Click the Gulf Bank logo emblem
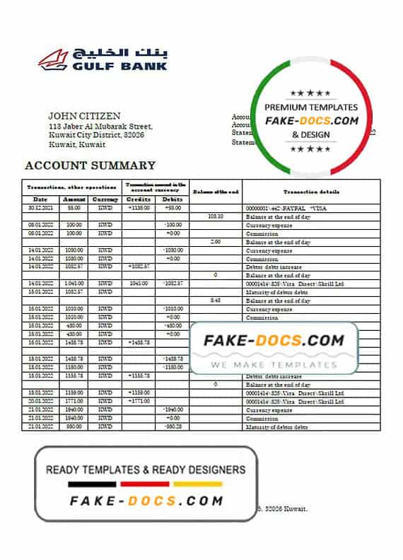(x=54, y=59)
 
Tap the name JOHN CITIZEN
(x=84, y=116)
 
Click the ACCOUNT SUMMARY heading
(x=90, y=165)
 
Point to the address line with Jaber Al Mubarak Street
(x=100, y=127)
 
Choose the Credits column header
(x=139, y=200)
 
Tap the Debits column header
(x=173, y=200)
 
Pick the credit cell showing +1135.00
(x=139, y=209)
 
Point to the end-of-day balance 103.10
(x=216, y=216)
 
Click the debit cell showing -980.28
(x=173, y=427)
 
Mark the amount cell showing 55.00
(x=74, y=209)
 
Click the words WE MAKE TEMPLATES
(x=274, y=365)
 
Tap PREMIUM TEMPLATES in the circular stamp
(x=311, y=107)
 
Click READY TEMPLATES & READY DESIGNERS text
(x=146, y=469)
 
